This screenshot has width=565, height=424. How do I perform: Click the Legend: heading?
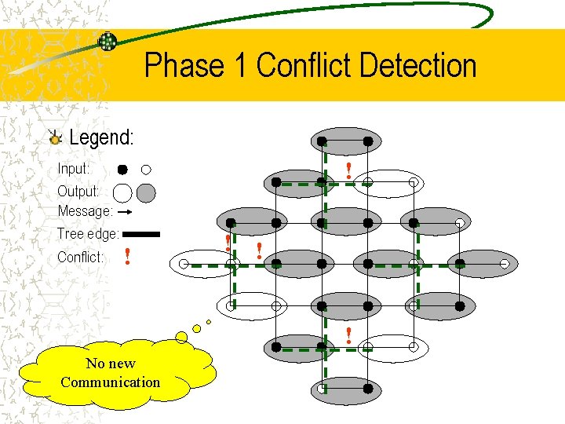101,138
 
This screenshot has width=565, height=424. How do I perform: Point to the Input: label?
74,169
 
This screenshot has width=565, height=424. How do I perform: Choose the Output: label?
78,191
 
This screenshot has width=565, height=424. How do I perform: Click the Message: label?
85,211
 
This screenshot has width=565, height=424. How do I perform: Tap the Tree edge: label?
88,234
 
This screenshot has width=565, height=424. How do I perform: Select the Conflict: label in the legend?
80,257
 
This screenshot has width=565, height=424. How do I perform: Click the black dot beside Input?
123,170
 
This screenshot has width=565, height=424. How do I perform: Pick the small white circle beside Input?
147,169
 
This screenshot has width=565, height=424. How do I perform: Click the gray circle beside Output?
146,192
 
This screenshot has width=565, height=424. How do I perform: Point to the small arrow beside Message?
129,212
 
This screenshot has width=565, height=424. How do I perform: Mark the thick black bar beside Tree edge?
141,234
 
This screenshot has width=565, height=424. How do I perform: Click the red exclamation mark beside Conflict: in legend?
126,256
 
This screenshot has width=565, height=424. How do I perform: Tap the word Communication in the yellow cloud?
110,382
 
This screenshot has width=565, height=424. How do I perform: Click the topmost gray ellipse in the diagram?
345,142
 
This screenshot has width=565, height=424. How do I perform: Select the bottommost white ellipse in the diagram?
345,388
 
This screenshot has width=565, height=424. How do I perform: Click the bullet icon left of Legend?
54,138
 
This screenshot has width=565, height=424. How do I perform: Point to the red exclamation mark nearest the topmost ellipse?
348,170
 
